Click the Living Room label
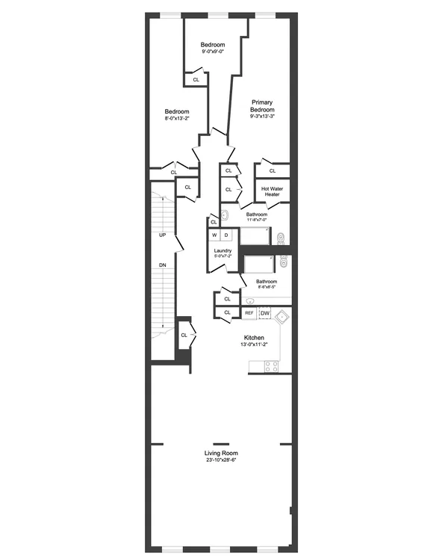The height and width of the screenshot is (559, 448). (x=222, y=453)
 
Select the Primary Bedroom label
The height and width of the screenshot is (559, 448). (x=261, y=105)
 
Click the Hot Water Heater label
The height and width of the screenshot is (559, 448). (x=270, y=191)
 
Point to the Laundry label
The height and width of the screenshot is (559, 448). (x=223, y=250)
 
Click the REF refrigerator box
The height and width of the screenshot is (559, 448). (x=249, y=313)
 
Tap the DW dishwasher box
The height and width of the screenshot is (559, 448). (x=265, y=313)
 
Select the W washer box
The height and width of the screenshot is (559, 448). (x=214, y=235)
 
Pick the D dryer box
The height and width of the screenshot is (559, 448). (x=226, y=235)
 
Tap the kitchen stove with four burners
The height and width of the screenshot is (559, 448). (x=270, y=365)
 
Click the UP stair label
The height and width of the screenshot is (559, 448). (x=162, y=235)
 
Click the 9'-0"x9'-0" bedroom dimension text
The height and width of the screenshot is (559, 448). (x=213, y=52)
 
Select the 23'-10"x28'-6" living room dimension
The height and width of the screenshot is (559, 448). (x=222, y=460)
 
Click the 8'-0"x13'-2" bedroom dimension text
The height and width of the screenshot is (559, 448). (x=177, y=118)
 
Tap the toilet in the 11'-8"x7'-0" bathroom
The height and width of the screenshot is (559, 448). (x=280, y=238)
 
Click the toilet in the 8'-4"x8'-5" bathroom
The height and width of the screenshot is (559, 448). (x=282, y=262)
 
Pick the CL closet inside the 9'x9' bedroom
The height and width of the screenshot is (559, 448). (x=196, y=79)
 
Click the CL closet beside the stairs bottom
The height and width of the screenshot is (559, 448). (x=184, y=335)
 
